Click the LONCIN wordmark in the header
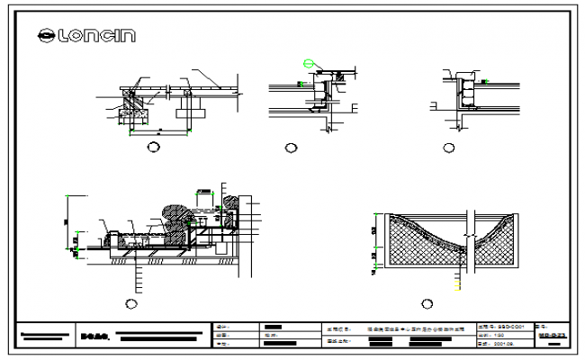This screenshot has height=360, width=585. (97, 35)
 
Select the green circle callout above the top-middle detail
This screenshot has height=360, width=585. (310, 63)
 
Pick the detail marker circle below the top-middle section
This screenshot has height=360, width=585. (290, 148)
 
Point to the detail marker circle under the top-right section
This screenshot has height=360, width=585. (447, 147)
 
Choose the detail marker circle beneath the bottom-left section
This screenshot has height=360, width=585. (132, 304)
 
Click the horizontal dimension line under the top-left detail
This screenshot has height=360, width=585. (159, 131)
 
